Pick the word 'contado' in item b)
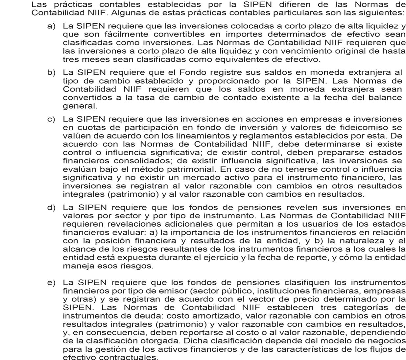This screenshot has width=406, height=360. (x=243, y=98)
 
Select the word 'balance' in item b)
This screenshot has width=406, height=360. (x=387, y=98)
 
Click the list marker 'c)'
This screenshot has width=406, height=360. (x=51, y=119)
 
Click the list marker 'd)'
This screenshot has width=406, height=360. (x=51, y=208)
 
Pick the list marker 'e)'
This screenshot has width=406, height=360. (x=51, y=283)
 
